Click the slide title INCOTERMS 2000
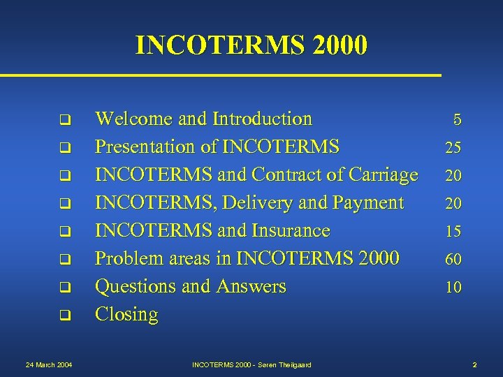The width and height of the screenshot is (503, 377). click(x=251, y=45)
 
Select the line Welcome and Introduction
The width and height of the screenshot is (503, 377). click(x=203, y=119)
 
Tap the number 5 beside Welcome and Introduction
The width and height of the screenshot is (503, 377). click(x=457, y=119)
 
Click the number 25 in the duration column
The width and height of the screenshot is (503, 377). click(x=453, y=147)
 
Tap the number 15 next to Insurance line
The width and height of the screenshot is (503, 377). click(x=453, y=231)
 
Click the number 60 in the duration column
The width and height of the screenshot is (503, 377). click(x=453, y=259)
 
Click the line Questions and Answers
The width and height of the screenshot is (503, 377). click(x=190, y=286)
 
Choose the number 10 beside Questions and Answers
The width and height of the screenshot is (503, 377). click(x=453, y=287)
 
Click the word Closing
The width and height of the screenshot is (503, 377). click(x=126, y=315)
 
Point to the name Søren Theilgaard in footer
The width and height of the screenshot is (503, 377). click(x=284, y=364)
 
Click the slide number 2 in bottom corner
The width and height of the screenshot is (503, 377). click(x=474, y=364)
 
